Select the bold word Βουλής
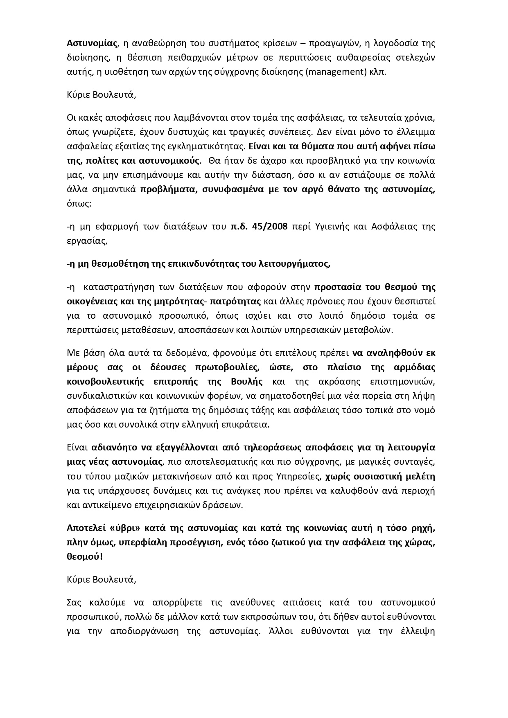247,382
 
